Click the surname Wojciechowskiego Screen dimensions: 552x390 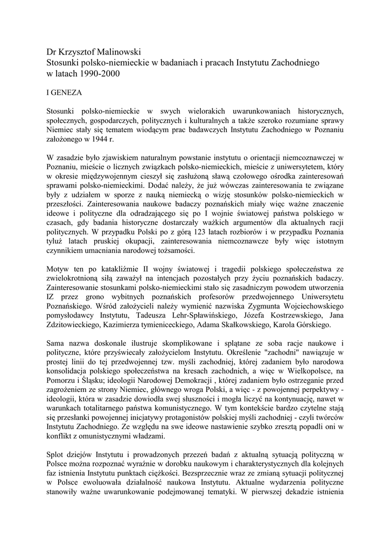click(x=305, y=305)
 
